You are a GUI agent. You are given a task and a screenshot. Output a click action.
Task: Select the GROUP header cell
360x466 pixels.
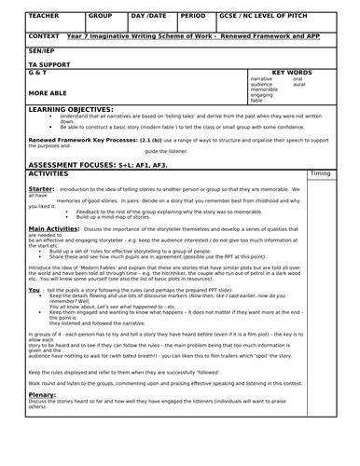click(x=101, y=16)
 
